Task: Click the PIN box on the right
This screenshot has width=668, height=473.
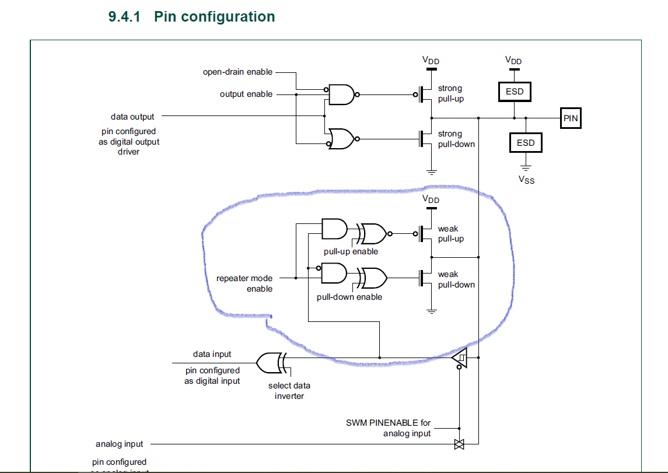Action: (x=570, y=118)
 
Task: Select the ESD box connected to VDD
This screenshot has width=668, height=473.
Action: (x=515, y=92)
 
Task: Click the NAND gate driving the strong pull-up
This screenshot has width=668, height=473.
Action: (x=342, y=94)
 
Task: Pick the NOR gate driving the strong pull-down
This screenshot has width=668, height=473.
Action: (x=342, y=139)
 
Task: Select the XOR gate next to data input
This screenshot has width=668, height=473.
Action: (x=272, y=362)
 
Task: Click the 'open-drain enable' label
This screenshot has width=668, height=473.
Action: (x=237, y=72)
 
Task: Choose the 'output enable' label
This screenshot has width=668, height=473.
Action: (x=246, y=94)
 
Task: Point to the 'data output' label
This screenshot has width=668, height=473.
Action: (x=132, y=117)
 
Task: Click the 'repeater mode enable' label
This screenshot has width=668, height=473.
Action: (x=244, y=283)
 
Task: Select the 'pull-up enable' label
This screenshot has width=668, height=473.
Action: (x=351, y=251)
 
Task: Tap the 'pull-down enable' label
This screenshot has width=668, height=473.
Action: (x=349, y=297)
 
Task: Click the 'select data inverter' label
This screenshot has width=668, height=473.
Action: (x=289, y=391)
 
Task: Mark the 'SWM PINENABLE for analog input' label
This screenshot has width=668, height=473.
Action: (x=388, y=428)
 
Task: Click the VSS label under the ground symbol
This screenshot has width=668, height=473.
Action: (x=526, y=180)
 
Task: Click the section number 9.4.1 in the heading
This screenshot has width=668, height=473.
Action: (x=124, y=17)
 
